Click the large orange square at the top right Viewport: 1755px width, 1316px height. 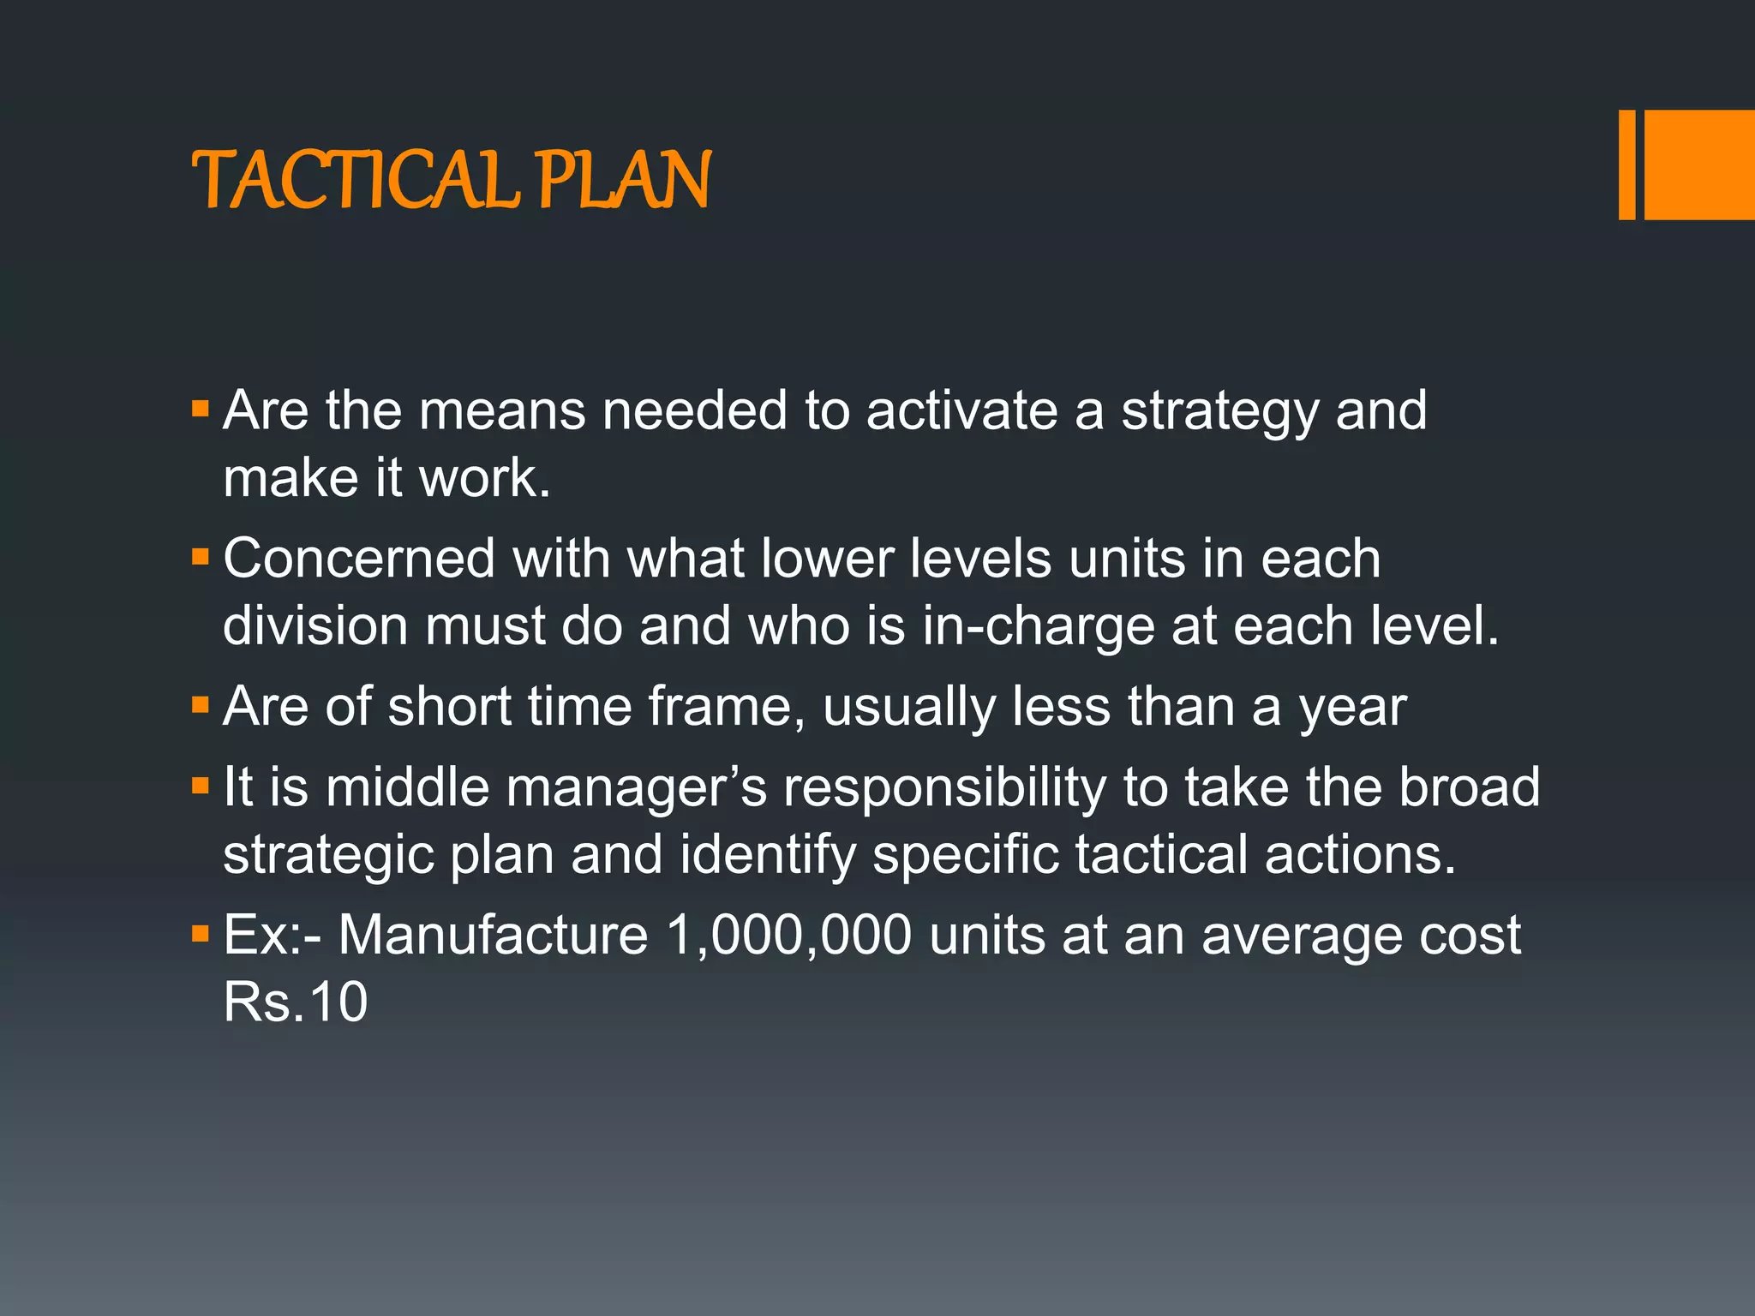[x=1699, y=164]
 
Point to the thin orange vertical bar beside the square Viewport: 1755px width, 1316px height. [x=1626, y=164]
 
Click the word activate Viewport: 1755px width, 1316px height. [x=961, y=410]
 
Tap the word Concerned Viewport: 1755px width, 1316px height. [x=359, y=559]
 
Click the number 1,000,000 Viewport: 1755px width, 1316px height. [x=788, y=935]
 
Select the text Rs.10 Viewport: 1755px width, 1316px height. [x=296, y=1002]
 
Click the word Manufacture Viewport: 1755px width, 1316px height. [x=493, y=935]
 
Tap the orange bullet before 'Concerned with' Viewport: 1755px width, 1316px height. [x=201, y=558]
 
